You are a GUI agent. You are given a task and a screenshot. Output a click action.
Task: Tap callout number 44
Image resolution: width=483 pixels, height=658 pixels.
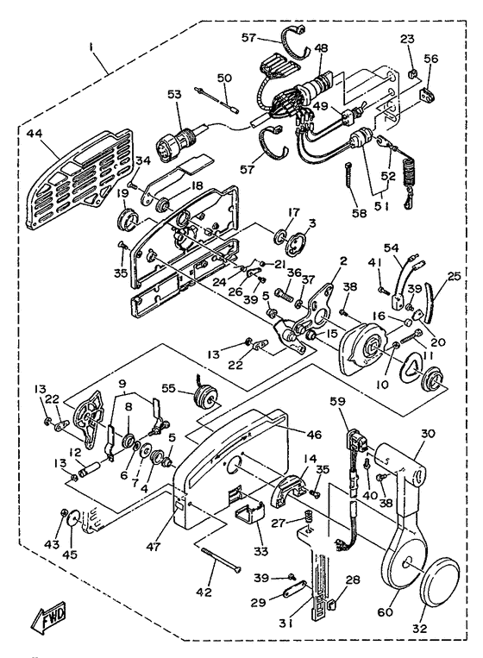tap(34, 134)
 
